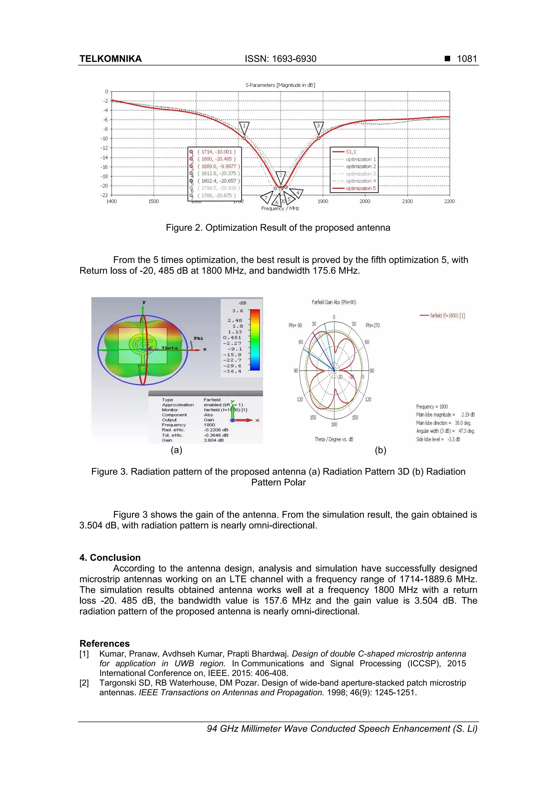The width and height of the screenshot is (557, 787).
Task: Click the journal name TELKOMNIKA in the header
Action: coord(110,59)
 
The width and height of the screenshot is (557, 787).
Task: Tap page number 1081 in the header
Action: coord(467,59)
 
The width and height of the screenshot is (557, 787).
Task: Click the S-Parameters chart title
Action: coord(280,85)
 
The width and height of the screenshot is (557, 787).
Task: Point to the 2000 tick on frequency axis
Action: coord(365,201)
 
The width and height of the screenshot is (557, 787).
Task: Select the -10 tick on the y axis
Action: coord(104,139)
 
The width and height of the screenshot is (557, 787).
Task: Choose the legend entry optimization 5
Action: coord(360,188)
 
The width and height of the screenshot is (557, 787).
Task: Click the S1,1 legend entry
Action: coord(351,152)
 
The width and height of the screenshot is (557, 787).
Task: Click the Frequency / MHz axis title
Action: coord(280,208)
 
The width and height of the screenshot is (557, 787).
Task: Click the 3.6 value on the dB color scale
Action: coord(237,311)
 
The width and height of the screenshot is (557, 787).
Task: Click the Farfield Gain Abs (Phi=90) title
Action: coord(334,302)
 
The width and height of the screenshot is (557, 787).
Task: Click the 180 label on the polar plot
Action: coord(334,424)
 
